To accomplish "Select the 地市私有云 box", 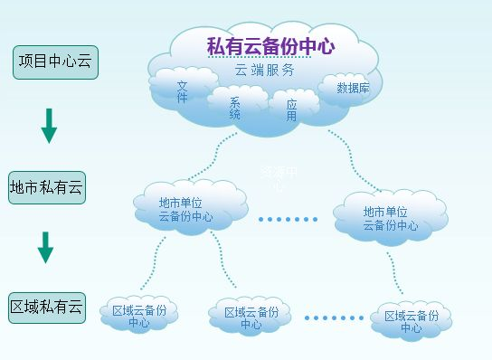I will tap(46, 188).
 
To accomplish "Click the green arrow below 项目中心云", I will tap(49, 126).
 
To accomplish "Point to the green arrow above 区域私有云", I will tap(45, 247).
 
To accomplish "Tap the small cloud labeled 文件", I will tap(182, 91).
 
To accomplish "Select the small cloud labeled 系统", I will tap(235, 107).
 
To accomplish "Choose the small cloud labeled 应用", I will tap(291, 109).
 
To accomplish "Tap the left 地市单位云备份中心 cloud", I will tap(185, 210).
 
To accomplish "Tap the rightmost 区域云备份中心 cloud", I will tap(412, 321).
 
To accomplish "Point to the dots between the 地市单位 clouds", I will tap(289, 219).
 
